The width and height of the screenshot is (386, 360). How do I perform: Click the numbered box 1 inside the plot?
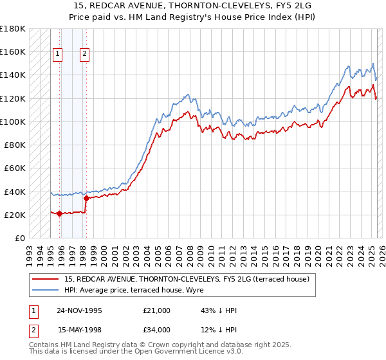58,55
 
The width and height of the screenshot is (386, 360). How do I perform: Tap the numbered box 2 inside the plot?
85,55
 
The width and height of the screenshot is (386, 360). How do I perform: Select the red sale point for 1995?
60,213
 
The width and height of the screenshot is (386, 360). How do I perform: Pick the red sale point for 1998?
86,198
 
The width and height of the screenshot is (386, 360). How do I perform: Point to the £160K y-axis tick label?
13,51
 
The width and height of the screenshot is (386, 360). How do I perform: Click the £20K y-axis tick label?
15,215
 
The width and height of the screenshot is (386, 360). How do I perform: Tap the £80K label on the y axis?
15,145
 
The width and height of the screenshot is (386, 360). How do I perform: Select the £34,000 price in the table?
157,330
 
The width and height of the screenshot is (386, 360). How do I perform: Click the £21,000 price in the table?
157,310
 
